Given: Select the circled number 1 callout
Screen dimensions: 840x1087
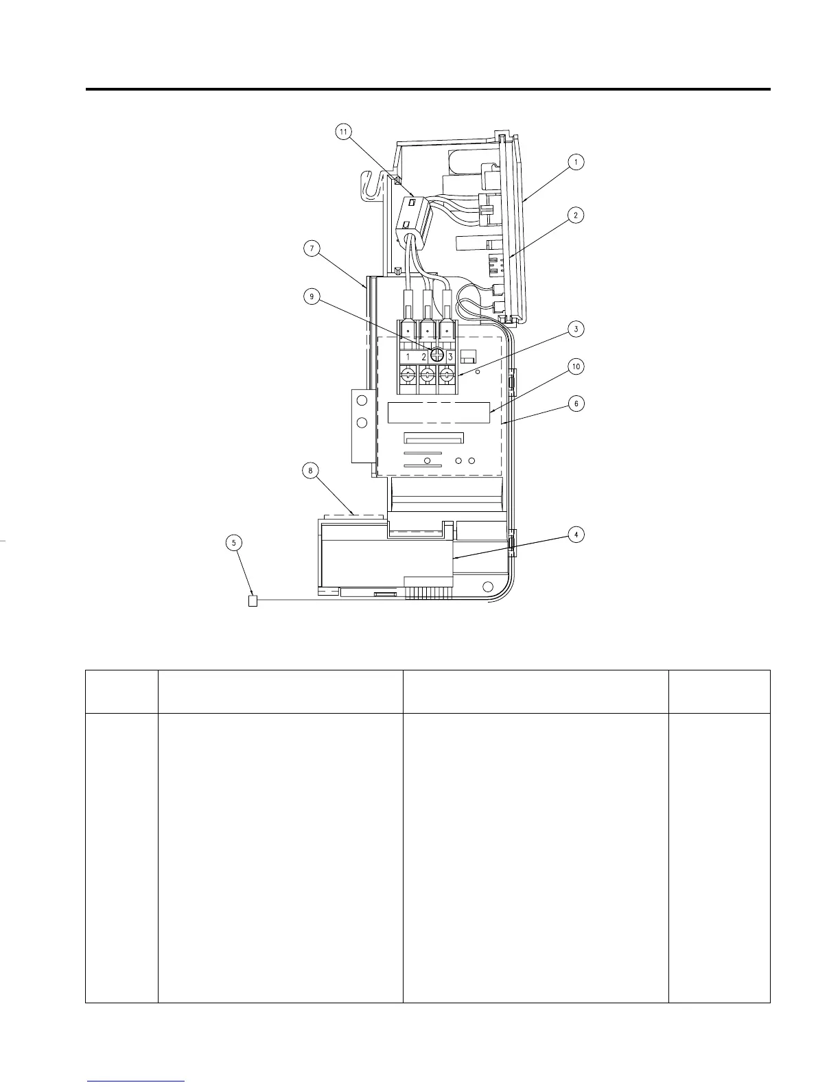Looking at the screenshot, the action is (x=576, y=162).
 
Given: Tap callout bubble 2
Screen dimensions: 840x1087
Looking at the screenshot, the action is (x=576, y=215).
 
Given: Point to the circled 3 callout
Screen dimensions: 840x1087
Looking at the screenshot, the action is (x=576, y=329).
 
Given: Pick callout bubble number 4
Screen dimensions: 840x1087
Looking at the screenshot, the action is (x=576, y=535).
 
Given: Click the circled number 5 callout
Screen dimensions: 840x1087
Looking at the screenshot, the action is (x=235, y=542).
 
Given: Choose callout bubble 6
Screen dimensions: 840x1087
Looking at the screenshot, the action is (x=576, y=404).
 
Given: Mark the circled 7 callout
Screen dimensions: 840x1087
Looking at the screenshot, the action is (x=312, y=249).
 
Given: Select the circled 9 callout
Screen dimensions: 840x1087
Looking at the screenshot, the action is (x=312, y=296).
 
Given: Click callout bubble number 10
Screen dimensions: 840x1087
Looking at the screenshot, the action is (x=576, y=367).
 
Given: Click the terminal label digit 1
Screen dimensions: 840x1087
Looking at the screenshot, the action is (x=408, y=357).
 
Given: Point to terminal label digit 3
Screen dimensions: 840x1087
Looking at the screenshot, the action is (x=450, y=357).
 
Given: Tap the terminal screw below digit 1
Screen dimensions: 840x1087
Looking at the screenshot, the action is (x=408, y=375).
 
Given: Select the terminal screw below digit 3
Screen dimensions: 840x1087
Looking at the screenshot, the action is (x=447, y=375).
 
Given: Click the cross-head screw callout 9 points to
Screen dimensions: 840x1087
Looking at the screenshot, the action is (x=436, y=355).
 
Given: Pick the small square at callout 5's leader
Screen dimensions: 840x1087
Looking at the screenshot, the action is (x=252, y=602).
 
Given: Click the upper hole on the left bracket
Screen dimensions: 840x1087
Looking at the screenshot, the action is (x=361, y=401).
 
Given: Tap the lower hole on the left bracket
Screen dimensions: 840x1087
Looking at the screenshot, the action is (x=361, y=422).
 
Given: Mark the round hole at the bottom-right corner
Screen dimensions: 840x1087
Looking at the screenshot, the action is (x=487, y=587).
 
